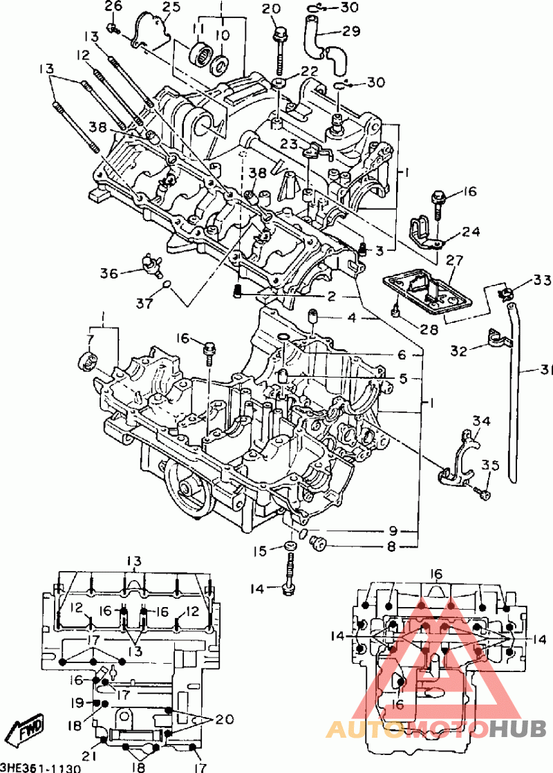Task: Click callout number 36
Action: [109, 273]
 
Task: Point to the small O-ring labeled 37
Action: [167, 283]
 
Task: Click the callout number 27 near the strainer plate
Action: [453, 260]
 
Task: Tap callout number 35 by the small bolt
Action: [490, 465]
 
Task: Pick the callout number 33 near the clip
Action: [542, 281]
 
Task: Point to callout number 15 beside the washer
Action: [260, 550]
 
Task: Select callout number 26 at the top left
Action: [113, 7]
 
